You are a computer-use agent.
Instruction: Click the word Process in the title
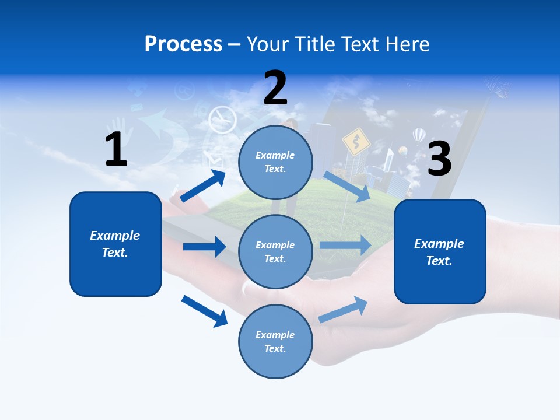click(183, 44)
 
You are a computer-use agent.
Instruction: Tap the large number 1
click(116, 149)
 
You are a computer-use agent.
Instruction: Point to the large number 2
click(275, 88)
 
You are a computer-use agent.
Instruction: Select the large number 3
click(439, 159)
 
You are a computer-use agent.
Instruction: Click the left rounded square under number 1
click(116, 244)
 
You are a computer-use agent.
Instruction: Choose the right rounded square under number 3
click(440, 252)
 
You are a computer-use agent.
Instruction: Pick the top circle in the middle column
click(275, 162)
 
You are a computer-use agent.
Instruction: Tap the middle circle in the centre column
click(275, 251)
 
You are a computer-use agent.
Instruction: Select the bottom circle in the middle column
click(275, 341)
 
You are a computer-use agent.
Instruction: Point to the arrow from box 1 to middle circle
click(204, 247)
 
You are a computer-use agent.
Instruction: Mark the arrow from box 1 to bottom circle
click(204, 311)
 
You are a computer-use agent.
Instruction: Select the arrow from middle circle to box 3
click(345, 246)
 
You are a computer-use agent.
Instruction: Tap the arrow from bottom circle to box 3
click(343, 309)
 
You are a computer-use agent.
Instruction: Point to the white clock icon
click(222, 120)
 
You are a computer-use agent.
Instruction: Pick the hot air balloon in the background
click(419, 136)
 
